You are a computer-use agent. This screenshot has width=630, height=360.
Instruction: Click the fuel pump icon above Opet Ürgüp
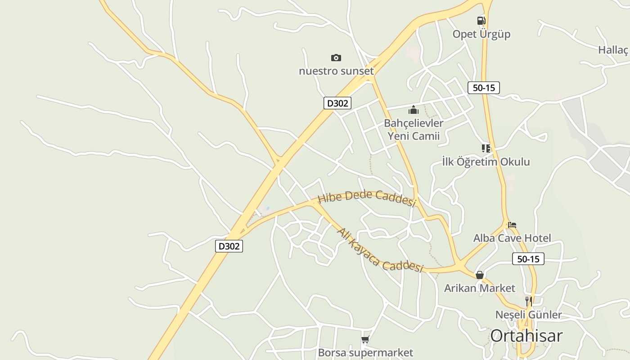[481, 20]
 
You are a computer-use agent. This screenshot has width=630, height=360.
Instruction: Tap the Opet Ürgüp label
[481, 34]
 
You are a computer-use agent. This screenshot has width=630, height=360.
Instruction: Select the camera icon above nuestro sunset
[336, 58]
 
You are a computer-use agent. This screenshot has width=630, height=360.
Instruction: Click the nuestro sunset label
[336, 71]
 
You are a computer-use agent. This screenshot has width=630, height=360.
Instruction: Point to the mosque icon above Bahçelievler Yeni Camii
[413, 109]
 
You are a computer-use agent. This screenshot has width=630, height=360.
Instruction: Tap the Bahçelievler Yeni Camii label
[413, 130]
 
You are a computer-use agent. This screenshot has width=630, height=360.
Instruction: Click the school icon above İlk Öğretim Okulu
[486, 148]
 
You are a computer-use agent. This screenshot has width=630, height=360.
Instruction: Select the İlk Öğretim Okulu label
[486, 162]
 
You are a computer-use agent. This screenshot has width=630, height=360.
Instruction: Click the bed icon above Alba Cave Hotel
[512, 225]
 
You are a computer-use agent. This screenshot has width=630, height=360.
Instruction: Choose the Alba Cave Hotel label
[512, 238]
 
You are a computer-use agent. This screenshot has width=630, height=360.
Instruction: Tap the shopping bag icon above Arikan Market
[480, 274]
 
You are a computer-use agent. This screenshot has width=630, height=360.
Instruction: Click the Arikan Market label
[480, 288]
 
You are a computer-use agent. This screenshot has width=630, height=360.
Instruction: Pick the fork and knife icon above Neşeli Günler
[529, 301]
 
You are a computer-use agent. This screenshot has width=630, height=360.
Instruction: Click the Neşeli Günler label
[529, 315]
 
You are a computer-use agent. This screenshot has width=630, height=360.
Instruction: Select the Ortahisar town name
[526, 336]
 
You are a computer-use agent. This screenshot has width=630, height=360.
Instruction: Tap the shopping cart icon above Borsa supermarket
[365, 339]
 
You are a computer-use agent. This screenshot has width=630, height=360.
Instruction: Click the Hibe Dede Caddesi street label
[366, 198]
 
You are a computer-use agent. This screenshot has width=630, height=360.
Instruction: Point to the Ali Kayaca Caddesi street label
[380, 251]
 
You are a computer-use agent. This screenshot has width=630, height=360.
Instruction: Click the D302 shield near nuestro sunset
[337, 103]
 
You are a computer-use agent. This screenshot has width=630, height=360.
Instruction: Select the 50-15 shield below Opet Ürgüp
[484, 88]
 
